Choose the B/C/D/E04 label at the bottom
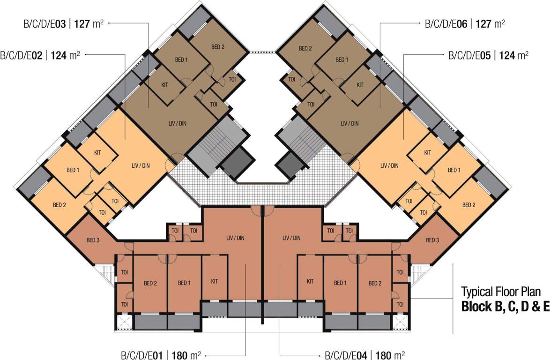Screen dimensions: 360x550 click(x=365, y=354)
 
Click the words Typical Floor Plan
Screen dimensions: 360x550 click(x=501, y=292)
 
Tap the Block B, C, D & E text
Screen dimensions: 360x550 click(x=505, y=307)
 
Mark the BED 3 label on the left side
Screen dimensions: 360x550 click(x=93, y=240)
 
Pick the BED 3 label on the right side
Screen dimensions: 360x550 click(x=432, y=240)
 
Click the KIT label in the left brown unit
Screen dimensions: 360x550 click(x=164, y=85)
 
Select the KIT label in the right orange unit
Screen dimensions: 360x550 click(x=427, y=153)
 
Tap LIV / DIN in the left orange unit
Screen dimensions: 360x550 click(x=140, y=165)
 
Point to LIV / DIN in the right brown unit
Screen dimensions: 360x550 click(x=349, y=123)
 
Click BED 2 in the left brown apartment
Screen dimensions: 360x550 click(x=217, y=47)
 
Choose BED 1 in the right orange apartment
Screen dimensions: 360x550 click(x=453, y=170)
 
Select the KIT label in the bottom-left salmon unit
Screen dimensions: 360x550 click(x=215, y=281)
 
